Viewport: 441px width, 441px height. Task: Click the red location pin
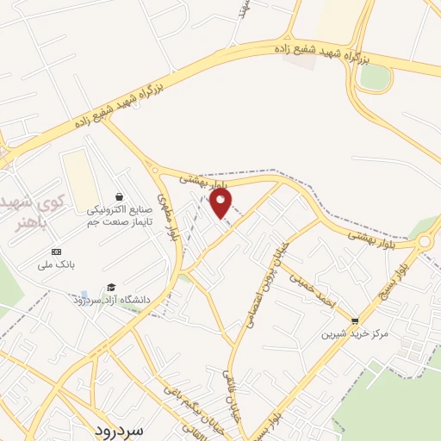220,203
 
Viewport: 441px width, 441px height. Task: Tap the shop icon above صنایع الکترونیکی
119,196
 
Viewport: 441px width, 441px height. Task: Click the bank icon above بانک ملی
57,252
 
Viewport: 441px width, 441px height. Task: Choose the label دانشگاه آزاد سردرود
112,300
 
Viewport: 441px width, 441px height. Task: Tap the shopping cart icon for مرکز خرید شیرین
354,320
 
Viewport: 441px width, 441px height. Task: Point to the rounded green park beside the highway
375,78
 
